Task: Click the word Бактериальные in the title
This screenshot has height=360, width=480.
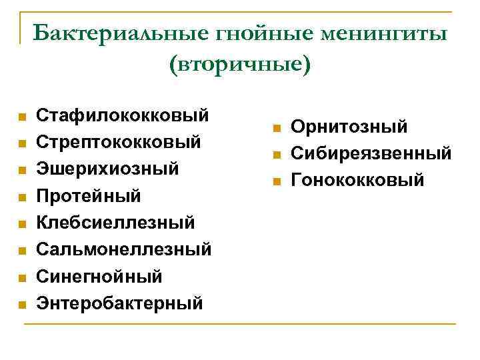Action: pyautogui.click(x=99, y=33)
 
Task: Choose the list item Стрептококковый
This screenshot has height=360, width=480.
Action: pyautogui.click(x=119, y=142)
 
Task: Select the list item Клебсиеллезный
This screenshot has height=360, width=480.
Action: pyautogui.click(x=115, y=223)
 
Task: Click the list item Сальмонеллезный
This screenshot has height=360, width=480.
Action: pyautogui.click(x=123, y=249)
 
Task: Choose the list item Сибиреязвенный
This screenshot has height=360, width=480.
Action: pyautogui.click(x=371, y=153)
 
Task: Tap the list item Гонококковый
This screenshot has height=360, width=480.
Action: pyautogui.click(x=357, y=180)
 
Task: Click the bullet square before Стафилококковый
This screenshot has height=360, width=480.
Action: pyautogui.click(x=22, y=117)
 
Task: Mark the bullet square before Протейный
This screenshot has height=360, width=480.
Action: pyautogui.click(x=22, y=198)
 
